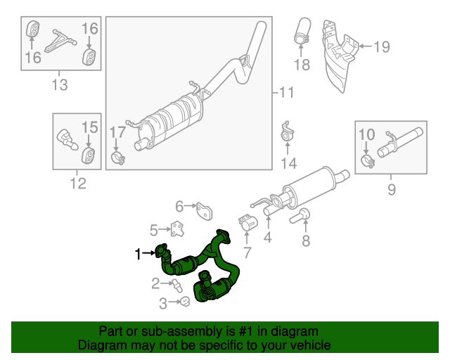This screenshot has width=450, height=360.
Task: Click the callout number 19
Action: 380,47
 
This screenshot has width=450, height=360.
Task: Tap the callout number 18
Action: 302,65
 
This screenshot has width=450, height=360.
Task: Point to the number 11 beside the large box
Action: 285,92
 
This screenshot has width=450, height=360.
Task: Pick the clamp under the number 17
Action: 118,159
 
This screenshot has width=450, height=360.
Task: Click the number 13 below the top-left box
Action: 60,85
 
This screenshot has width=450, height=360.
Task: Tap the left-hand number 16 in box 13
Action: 33,58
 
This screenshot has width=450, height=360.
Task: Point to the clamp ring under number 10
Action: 367,162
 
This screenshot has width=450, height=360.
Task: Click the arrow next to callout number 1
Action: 150,252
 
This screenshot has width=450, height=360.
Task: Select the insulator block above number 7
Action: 247,223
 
